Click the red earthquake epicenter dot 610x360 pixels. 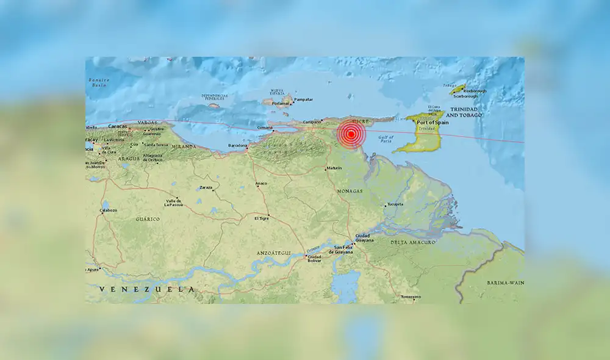[x=351, y=134]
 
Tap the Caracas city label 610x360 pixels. [x=100, y=126]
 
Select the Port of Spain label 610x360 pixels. [x=434, y=123]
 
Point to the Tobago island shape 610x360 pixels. [x=457, y=89]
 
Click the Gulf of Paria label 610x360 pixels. [x=386, y=139]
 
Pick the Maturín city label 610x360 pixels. [x=333, y=168]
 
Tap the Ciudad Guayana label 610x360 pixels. [x=362, y=238]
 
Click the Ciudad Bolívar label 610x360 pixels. [x=314, y=259]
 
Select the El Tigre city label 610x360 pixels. [x=262, y=218]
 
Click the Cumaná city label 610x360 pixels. [x=265, y=128]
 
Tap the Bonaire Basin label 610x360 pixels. [x=98, y=82]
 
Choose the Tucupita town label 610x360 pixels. [x=395, y=204]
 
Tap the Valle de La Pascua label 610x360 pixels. [x=171, y=202]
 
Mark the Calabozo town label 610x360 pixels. [x=108, y=211]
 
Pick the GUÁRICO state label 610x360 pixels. [x=148, y=218]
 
